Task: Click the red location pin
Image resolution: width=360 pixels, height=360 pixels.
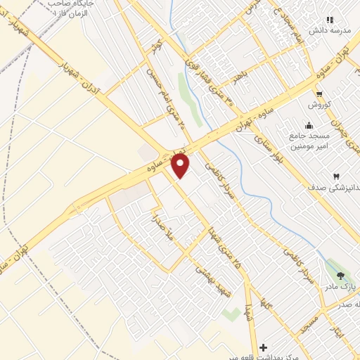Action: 181,165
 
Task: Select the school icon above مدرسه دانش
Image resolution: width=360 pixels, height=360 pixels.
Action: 329,19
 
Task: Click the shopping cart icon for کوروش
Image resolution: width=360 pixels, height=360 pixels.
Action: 320,94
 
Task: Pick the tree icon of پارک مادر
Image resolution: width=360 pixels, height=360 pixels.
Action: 341,276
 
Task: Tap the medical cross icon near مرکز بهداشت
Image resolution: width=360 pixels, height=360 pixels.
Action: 264,347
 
